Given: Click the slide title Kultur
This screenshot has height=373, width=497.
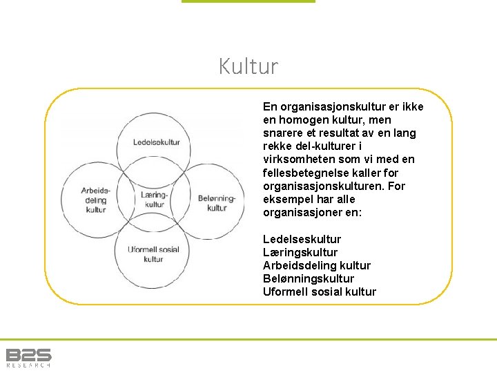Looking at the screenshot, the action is point(248,67).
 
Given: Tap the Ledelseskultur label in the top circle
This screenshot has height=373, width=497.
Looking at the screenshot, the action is point(157,142).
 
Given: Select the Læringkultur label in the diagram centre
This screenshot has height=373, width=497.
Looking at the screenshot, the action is point(155,200).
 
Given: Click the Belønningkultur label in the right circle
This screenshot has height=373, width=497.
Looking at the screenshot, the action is point(217,202).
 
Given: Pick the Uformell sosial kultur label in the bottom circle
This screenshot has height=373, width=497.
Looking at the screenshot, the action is point(153,254).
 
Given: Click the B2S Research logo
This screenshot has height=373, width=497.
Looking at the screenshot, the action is point(28,357).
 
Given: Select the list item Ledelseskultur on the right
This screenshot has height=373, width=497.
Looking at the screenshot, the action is point(302,239).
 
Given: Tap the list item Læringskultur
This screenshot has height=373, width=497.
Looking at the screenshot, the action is point(300,252).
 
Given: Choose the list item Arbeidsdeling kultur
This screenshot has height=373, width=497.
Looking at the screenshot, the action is point(317,265).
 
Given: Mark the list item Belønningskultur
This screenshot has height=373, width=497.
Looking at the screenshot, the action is point(309,278).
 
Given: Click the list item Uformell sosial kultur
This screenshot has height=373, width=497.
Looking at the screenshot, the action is point(320,291).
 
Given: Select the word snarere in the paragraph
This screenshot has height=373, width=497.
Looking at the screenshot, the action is point(282,133).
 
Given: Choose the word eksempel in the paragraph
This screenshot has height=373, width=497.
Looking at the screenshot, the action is point(287,200).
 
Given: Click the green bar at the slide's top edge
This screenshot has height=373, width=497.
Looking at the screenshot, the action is point(248,1).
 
